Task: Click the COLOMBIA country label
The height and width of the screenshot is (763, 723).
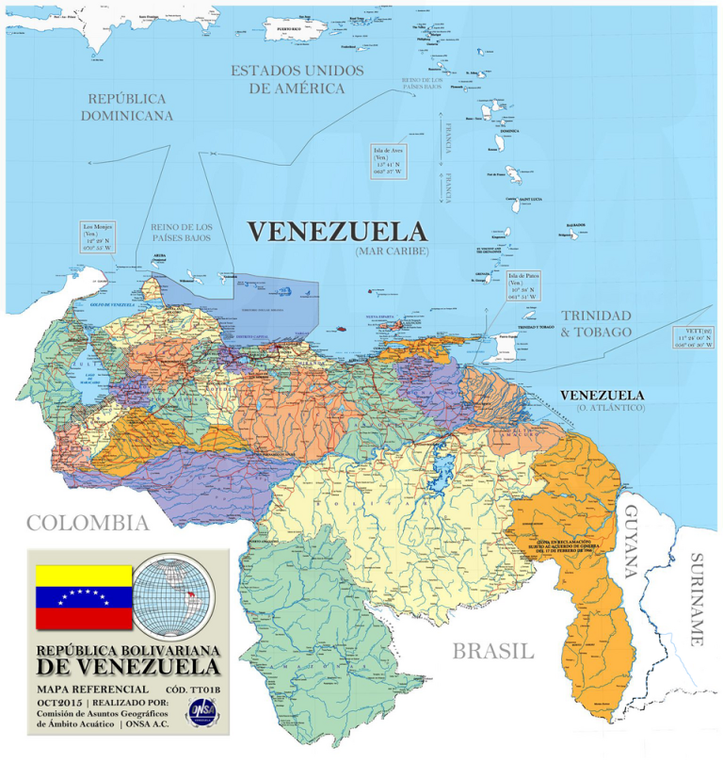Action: pos(88,523)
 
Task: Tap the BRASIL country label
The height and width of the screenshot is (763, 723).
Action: pos(492,651)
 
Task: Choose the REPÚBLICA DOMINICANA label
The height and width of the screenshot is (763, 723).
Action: pos(127,106)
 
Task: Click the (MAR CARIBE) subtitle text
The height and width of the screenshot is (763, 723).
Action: pos(392,252)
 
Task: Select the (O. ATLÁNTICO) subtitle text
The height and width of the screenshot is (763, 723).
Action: pos(601,408)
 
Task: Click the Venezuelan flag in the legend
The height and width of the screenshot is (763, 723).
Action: pos(83,597)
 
